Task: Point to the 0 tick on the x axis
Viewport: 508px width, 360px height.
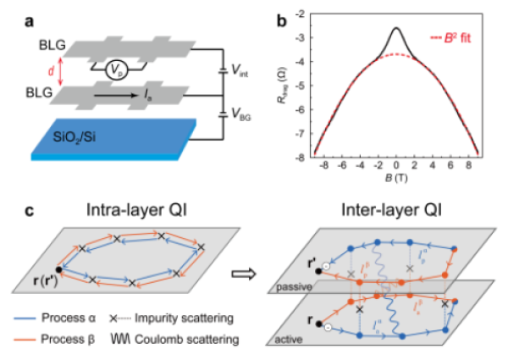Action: pyautogui.click(x=397, y=167)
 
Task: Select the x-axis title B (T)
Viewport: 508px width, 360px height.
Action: pyautogui.click(x=397, y=180)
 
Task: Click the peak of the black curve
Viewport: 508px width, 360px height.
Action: pyautogui.click(x=397, y=28)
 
